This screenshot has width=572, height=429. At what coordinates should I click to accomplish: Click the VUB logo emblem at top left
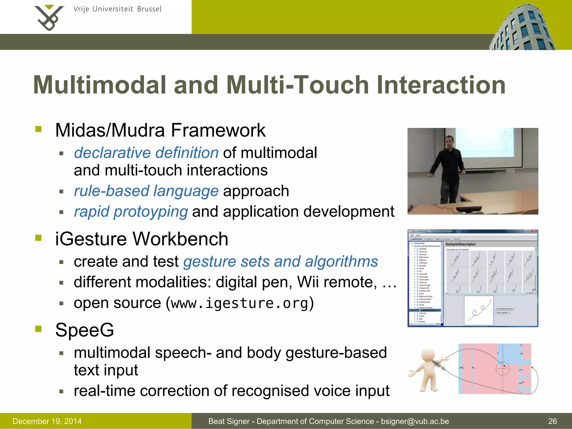tap(49, 17)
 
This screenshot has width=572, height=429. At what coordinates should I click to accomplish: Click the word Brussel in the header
tap(149, 9)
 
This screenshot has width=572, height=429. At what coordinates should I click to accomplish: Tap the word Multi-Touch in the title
tap(297, 85)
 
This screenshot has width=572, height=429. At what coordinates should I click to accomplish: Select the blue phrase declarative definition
tap(146, 153)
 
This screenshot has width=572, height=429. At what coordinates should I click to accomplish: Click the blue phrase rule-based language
tap(146, 191)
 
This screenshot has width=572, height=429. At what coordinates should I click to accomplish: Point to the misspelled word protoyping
tap(151, 211)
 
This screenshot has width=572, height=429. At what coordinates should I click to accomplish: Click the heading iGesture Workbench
tap(142, 239)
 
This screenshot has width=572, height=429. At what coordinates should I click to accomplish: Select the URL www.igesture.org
tap(239, 303)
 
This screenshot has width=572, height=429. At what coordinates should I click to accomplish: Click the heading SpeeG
tap(85, 330)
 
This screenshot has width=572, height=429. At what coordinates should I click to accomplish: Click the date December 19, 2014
tap(47, 421)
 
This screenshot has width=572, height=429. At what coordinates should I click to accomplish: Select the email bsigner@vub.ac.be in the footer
tap(415, 421)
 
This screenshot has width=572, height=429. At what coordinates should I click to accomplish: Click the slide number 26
tap(552, 421)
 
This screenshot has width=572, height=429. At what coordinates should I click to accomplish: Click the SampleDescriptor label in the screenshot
tap(461, 244)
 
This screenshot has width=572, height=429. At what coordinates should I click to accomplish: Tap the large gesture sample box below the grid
tap(478, 311)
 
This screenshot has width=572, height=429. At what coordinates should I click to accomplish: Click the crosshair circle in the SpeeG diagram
tap(502, 369)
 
